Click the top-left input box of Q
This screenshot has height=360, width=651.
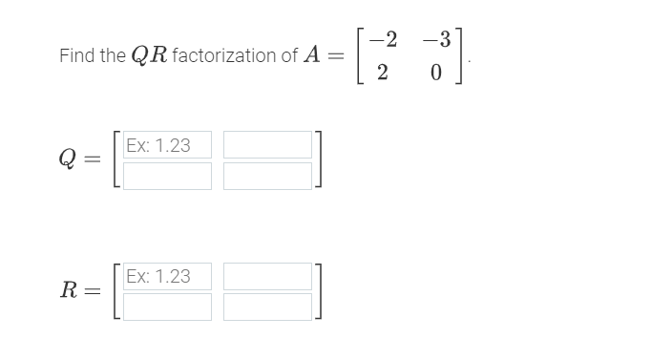click(x=167, y=145)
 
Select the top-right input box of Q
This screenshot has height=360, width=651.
click(x=267, y=145)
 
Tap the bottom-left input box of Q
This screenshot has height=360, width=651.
click(x=167, y=176)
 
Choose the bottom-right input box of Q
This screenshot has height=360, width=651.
click(x=267, y=176)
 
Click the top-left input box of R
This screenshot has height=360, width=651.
click(x=167, y=276)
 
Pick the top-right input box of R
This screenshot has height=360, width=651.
click(x=267, y=276)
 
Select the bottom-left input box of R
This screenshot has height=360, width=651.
click(x=167, y=307)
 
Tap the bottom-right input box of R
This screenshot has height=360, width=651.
click(x=267, y=307)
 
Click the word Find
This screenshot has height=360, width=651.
click(x=76, y=56)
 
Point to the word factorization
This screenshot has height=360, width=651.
click(x=228, y=56)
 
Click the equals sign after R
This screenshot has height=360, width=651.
click(x=94, y=291)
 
